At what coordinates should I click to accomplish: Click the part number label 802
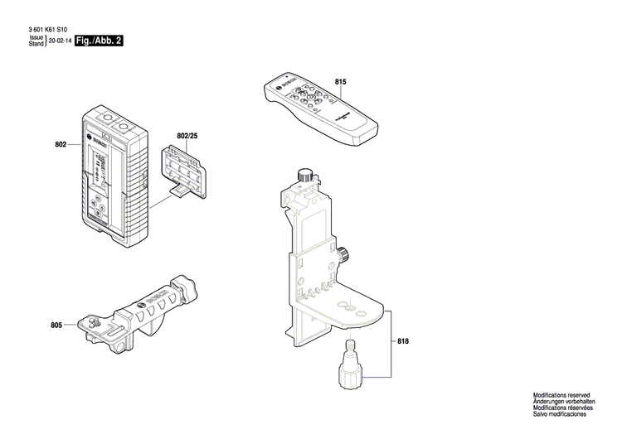61,145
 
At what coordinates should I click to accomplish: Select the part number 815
340,81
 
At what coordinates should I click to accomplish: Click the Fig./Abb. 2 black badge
99,40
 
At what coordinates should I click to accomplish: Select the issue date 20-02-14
60,41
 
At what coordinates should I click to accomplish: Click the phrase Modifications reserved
561,397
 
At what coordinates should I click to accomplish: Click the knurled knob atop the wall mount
305,175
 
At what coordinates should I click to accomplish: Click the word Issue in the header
36,37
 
